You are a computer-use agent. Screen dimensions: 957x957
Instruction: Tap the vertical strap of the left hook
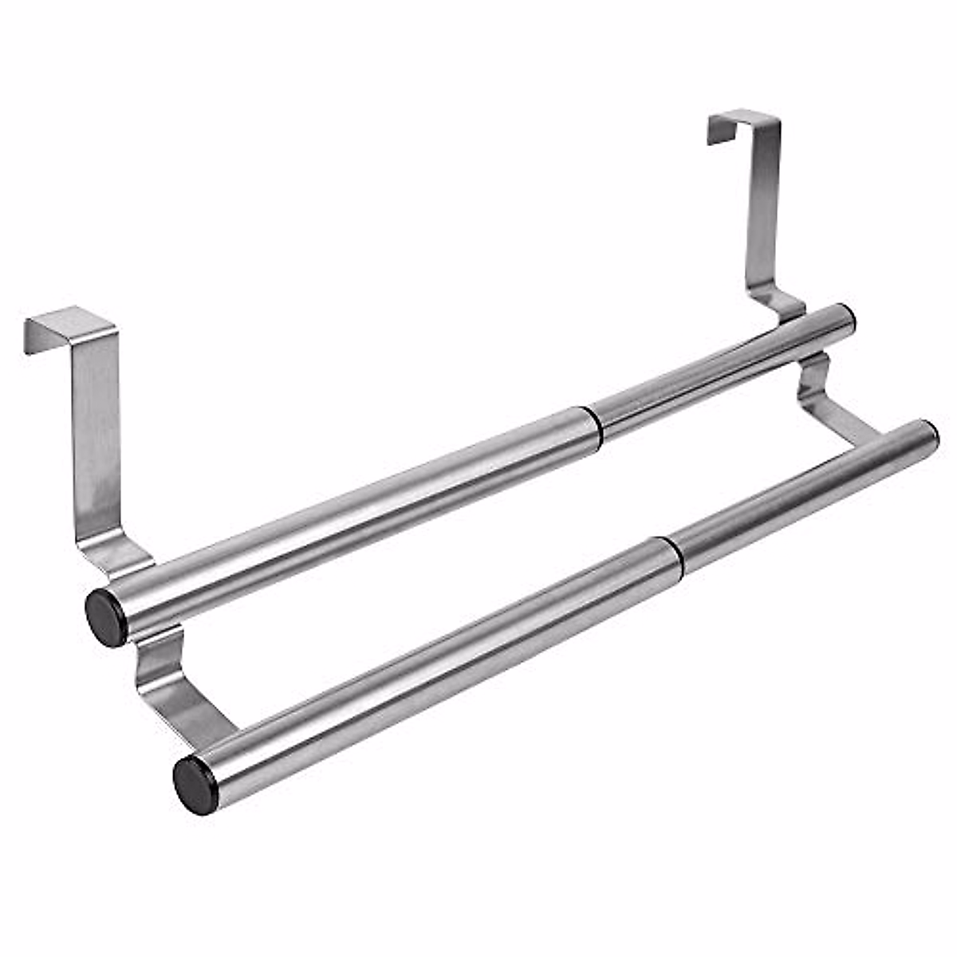tap(97, 431)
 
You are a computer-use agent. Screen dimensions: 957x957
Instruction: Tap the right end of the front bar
tap(930, 435)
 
